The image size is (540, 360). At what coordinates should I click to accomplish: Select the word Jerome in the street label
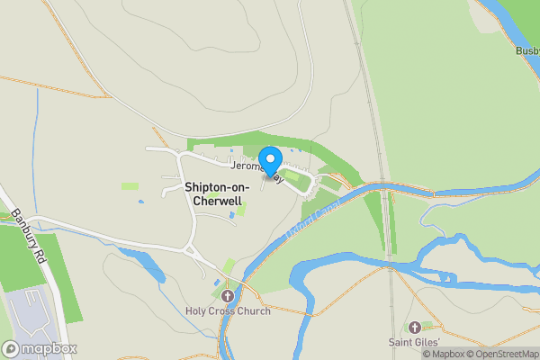pos(245,167)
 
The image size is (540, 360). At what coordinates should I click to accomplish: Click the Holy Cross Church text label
pos(227,311)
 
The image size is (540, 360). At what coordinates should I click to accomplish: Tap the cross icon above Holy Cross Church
pos(227,295)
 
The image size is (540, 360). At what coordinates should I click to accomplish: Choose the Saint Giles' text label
pos(414,342)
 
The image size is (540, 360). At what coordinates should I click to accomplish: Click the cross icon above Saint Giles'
pos(415,328)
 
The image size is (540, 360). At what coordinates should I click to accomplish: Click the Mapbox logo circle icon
pos(12,348)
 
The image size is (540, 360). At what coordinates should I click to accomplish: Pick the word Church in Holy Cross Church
pos(254,311)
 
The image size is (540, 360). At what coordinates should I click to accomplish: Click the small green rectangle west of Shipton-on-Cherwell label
pos(130,186)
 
